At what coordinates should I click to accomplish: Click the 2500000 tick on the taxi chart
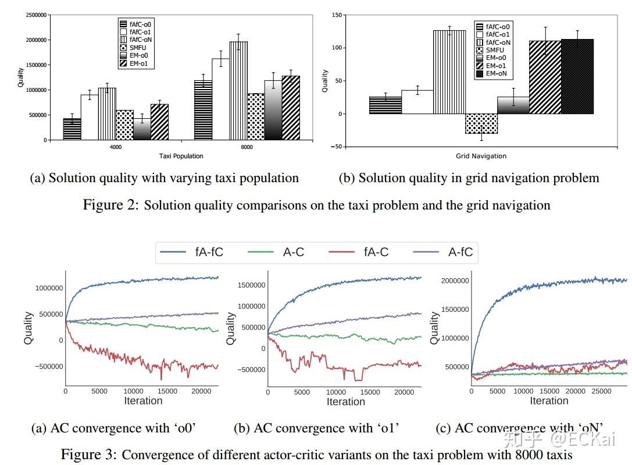coord(37,15)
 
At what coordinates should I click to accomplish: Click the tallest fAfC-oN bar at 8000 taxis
coord(238,91)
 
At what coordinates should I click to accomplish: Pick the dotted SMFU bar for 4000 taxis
coord(124,125)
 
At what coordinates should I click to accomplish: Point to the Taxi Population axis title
coord(181,156)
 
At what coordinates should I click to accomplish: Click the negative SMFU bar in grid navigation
coord(481,123)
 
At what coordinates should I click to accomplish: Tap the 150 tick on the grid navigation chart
coord(336,15)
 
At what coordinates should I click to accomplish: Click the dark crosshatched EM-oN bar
coord(577,76)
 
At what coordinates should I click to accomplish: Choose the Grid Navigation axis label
coord(481,156)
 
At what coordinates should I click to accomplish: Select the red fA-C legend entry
coord(360,252)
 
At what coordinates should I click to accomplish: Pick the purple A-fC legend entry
coord(444,252)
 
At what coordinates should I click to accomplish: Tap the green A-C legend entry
coord(277,252)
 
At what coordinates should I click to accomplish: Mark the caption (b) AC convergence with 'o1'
coord(316,428)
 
